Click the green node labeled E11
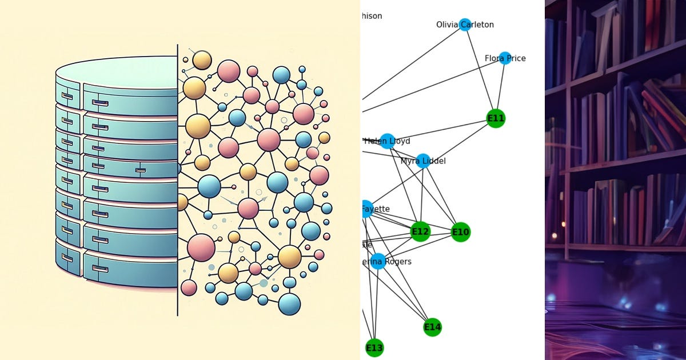coord(496,118)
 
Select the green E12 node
coord(420,231)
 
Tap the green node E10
coord(460,232)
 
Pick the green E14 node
coord(432,327)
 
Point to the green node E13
coord(374,347)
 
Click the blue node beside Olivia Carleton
coord(465,25)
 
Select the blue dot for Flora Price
coord(504,58)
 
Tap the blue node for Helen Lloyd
coord(387,141)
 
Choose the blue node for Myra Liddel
coord(423,161)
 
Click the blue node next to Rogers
coord(377,262)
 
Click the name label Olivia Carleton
coord(465,25)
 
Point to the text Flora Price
coord(505,58)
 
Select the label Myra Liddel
coord(423,161)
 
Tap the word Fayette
coord(378,209)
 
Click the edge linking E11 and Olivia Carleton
coord(480,71)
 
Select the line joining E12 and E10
coord(440,231)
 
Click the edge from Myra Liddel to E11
coord(459,139)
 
